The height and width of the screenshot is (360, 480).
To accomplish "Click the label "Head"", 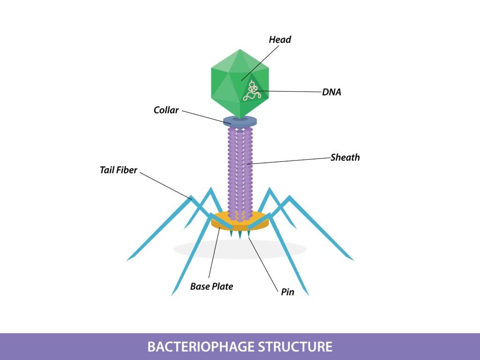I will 280,40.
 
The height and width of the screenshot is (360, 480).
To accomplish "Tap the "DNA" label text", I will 331,92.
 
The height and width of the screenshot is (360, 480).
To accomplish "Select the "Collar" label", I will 166,111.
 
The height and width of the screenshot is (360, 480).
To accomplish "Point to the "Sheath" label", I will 345,157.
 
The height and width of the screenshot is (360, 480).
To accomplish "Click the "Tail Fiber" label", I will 119,170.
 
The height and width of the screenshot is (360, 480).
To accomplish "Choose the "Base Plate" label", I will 211,286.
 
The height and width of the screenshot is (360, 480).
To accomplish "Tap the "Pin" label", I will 287,292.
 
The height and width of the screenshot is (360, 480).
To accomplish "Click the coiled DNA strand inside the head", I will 252,90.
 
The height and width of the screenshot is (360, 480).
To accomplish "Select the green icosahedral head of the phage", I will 230,80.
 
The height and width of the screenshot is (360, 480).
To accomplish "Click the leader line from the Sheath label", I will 291,160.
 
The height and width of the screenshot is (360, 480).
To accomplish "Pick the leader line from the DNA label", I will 291,91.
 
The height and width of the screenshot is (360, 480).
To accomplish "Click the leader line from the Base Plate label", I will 214,253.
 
